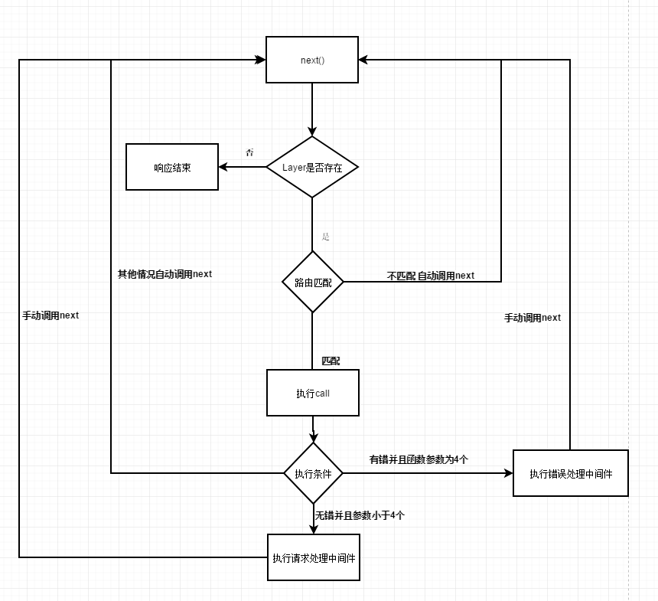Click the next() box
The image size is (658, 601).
point(311,60)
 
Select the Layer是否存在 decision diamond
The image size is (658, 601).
point(312,167)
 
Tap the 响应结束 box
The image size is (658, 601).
point(172,167)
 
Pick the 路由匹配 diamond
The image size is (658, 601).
point(312,282)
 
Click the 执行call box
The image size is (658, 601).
point(312,393)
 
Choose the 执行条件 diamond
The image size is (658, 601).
point(313,474)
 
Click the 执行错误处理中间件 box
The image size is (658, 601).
point(570,473)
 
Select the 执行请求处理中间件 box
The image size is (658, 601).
point(313,557)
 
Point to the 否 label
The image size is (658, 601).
point(249,152)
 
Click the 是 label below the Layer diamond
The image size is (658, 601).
point(326,237)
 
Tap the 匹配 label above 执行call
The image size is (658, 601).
point(331,361)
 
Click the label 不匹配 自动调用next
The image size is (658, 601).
point(431,276)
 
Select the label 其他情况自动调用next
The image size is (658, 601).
point(164,274)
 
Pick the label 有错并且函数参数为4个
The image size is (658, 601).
point(419,459)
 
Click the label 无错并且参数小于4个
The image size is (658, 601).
point(360,515)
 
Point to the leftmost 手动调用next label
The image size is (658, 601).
point(50,315)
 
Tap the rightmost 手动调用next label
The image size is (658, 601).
point(533,318)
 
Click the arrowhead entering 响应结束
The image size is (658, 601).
point(223,167)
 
